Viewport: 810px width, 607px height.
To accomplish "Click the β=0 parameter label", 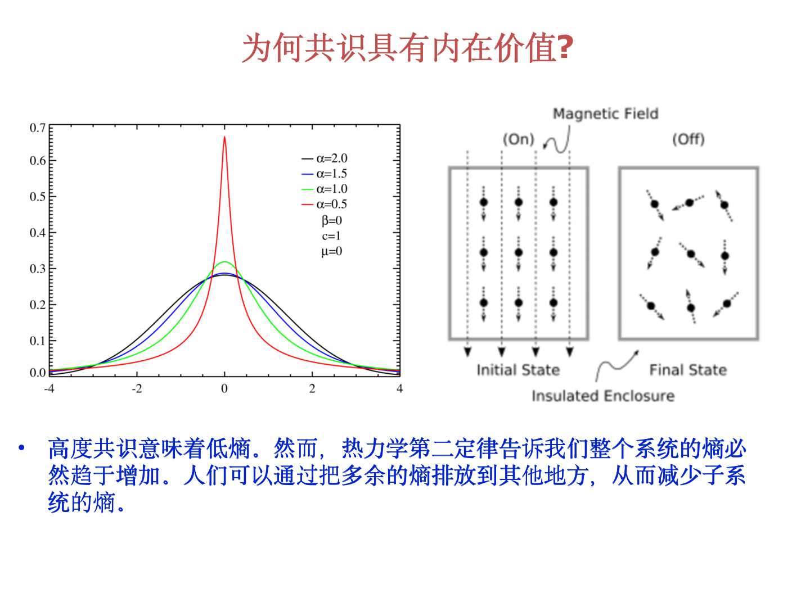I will click(x=332, y=220).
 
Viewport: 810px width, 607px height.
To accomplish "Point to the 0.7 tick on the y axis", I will click(x=38, y=128).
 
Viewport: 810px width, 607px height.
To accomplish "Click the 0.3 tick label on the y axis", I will click(x=38, y=269).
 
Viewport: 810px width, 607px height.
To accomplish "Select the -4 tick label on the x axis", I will click(x=49, y=389).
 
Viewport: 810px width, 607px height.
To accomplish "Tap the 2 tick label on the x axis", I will click(x=312, y=389).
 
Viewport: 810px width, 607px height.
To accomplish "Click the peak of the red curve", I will click(x=224, y=137).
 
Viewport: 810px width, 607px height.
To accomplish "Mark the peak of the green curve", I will click(x=224, y=262).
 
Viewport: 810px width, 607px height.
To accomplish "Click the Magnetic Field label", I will click(x=605, y=114).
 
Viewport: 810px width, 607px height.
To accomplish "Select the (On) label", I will click(x=518, y=139).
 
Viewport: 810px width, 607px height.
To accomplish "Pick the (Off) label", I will click(x=688, y=139).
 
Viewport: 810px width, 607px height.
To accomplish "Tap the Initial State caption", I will click(x=518, y=370).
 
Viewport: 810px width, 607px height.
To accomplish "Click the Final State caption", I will click(x=688, y=370).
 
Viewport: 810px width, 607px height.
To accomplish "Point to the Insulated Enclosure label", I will click(x=602, y=396).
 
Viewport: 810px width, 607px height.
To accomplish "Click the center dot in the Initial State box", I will click(x=519, y=253).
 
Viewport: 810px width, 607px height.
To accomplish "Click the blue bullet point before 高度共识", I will click(x=21, y=448).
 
